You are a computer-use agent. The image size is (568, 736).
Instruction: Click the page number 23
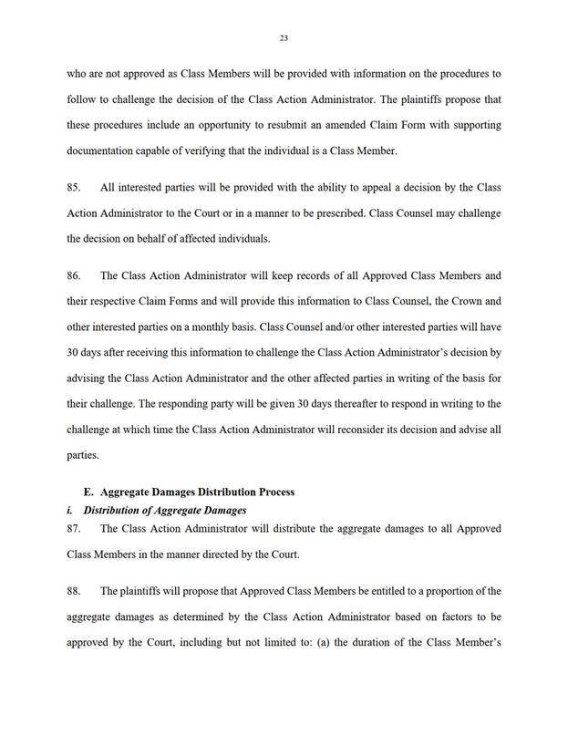pos(284,37)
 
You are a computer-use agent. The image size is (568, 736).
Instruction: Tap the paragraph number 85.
pos(76,187)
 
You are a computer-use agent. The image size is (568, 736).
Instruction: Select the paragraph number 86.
pos(76,274)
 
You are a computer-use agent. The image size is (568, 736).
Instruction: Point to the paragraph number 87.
pos(76,528)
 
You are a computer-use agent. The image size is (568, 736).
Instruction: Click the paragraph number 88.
pos(76,591)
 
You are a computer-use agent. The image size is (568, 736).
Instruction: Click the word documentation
pos(105,149)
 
